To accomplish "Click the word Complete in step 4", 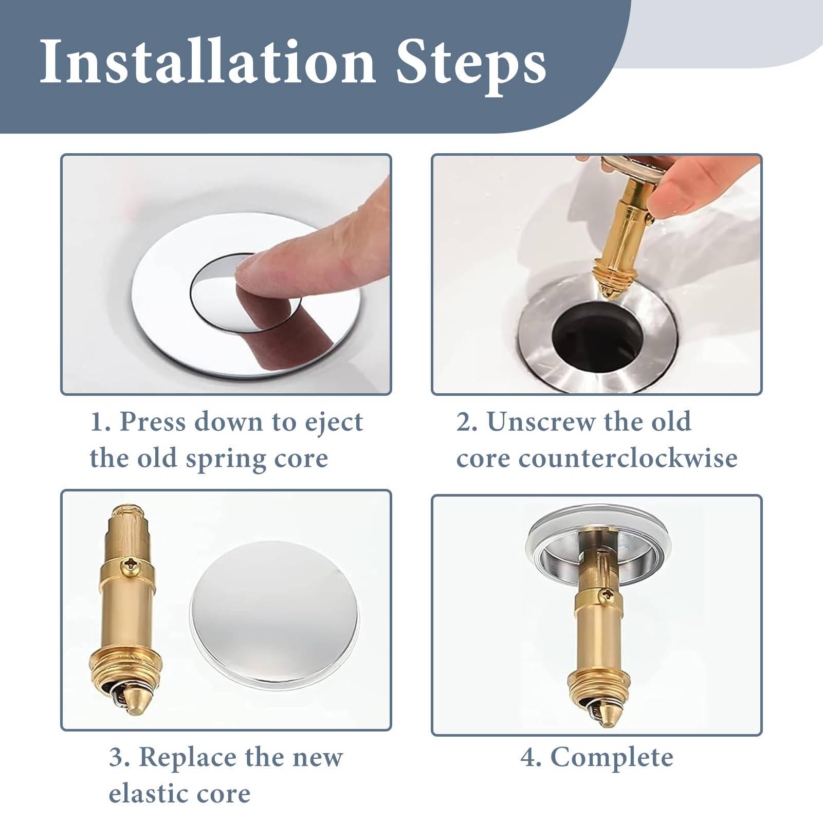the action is [x=612, y=758].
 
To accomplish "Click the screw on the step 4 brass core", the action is [x=607, y=596].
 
